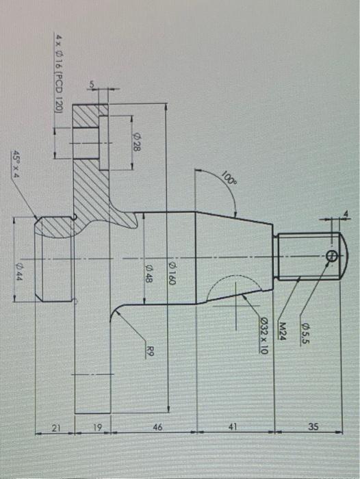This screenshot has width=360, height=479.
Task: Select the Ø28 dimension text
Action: [x=136, y=144]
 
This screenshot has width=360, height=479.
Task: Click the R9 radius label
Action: [x=151, y=352]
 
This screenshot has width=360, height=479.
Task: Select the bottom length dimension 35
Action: [x=313, y=427]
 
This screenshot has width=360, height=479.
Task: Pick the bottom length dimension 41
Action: [x=233, y=427]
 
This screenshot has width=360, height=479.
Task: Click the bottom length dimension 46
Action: [x=158, y=427]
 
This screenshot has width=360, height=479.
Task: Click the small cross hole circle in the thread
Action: [x=332, y=256]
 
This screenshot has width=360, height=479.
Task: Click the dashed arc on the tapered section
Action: [x=226, y=284]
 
